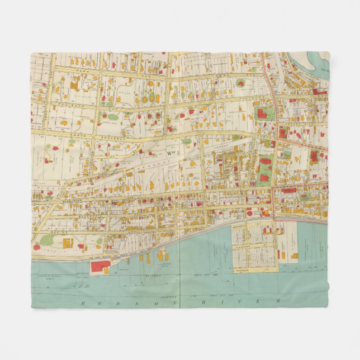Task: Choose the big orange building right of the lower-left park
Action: pos(68,244)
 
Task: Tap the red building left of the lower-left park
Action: pos(36,247)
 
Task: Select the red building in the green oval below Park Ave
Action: pos(241,84)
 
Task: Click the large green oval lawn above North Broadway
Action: pos(112,117)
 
